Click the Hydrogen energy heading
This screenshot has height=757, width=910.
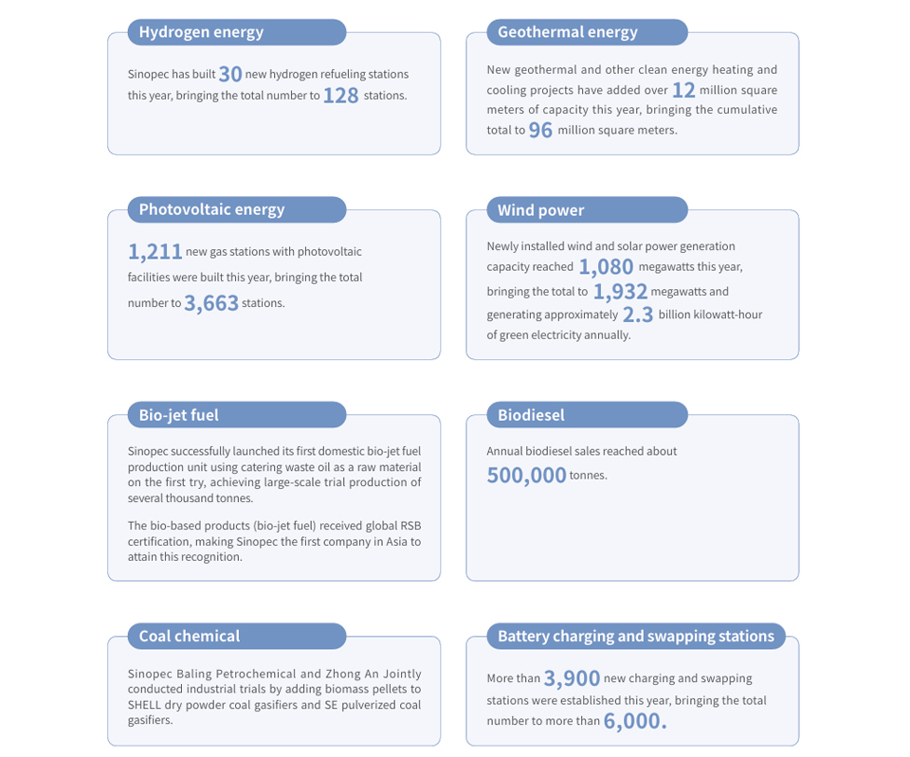click(x=201, y=32)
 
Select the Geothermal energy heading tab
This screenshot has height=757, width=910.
click(x=568, y=32)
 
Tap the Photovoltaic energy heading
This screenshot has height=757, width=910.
click(x=211, y=209)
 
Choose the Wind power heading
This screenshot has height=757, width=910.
click(x=541, y=210)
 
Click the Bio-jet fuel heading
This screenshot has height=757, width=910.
click(x=179, y=415)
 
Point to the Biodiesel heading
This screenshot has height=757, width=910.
click(x=531, y=415)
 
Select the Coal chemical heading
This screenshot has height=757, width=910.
click(x=190, y=636)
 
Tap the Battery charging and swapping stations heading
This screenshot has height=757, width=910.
click(x=636, y=636)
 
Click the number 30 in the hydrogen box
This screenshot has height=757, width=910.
click(x=230, y=74)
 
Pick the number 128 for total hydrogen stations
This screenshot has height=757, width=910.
click(x=340, y=96)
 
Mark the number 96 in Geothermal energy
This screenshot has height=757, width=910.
click(x=540, y=131)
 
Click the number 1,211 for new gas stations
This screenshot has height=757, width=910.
click(x=155, y=252)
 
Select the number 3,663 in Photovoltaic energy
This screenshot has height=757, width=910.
click(x=211, y=304)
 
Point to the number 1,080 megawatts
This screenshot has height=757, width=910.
click(x=606, y=267)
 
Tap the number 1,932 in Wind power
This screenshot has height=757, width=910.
click(x=620, y=292)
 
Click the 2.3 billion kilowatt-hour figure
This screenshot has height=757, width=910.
click(x=638, y=315)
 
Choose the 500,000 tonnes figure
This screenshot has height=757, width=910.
click(x=526, y=476)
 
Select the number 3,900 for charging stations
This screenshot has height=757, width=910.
click(x=572, y=678)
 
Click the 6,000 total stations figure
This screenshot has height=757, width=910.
click(x=635, y=721)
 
